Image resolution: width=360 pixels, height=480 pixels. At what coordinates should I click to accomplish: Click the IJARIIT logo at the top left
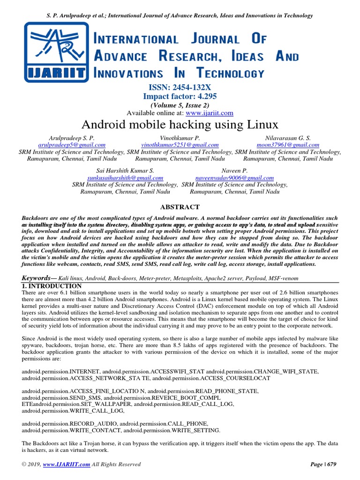(x=56, y=51)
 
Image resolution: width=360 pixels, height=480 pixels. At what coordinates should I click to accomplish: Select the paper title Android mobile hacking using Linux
(x=180, y=125)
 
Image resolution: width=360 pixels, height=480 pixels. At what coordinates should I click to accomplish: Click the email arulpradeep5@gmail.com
(x=71, y=145)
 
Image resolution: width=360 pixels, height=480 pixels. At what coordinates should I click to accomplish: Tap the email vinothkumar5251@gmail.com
(x=180, y=145)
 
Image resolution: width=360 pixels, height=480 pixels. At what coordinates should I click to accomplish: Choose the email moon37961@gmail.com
(x=288, y=145)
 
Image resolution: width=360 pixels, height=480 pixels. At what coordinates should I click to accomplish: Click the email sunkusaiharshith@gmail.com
(x=125, y=178)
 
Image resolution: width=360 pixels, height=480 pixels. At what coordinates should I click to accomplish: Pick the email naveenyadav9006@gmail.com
(x=234, y=178)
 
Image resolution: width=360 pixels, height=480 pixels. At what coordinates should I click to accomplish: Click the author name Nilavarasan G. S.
(x=288, y=138)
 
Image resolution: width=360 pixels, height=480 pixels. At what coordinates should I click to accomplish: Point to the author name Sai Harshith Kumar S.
(x=125, y=171)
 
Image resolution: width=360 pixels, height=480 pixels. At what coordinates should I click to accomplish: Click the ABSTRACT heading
(x=180, y=207)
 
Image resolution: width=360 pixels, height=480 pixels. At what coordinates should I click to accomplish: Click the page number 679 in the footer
(x=330, y=465)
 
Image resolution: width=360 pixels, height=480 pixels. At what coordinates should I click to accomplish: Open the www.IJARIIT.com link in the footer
(x=66, y=465)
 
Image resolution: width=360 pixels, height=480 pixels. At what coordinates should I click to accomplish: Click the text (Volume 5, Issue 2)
(x=180, y=105)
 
